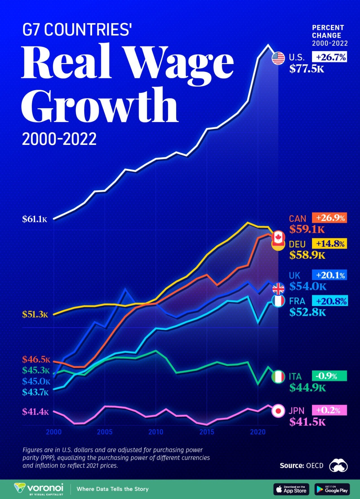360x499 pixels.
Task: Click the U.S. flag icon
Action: tap(278, 58)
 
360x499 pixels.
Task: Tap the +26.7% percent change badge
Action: tap(329, 57)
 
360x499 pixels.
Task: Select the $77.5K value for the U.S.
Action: tap(307, 69)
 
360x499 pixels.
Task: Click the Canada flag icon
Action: tap(278, 237)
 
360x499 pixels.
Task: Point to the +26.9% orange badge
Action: tap(329, 218)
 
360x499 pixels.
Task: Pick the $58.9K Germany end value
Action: tap(307, 255)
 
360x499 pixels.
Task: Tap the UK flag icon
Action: tap(278, 288)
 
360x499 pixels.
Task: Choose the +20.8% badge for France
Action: tap(329, 301)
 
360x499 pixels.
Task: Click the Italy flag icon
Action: tap(278, 377)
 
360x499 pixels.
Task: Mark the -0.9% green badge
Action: tap(329, 376)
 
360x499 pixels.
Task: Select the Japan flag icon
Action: tap(278, 411)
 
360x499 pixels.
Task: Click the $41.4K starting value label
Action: tap(35, 412)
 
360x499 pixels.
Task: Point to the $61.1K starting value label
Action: tap(35, 219)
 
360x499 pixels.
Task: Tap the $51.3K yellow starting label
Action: tap(35, 314)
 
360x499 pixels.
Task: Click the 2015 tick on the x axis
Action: tap(207, 432)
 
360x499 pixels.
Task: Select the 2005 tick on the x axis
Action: tap(104, 432)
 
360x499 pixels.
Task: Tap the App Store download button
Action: tap(291, 489)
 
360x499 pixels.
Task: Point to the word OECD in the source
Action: tap(315, 466)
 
